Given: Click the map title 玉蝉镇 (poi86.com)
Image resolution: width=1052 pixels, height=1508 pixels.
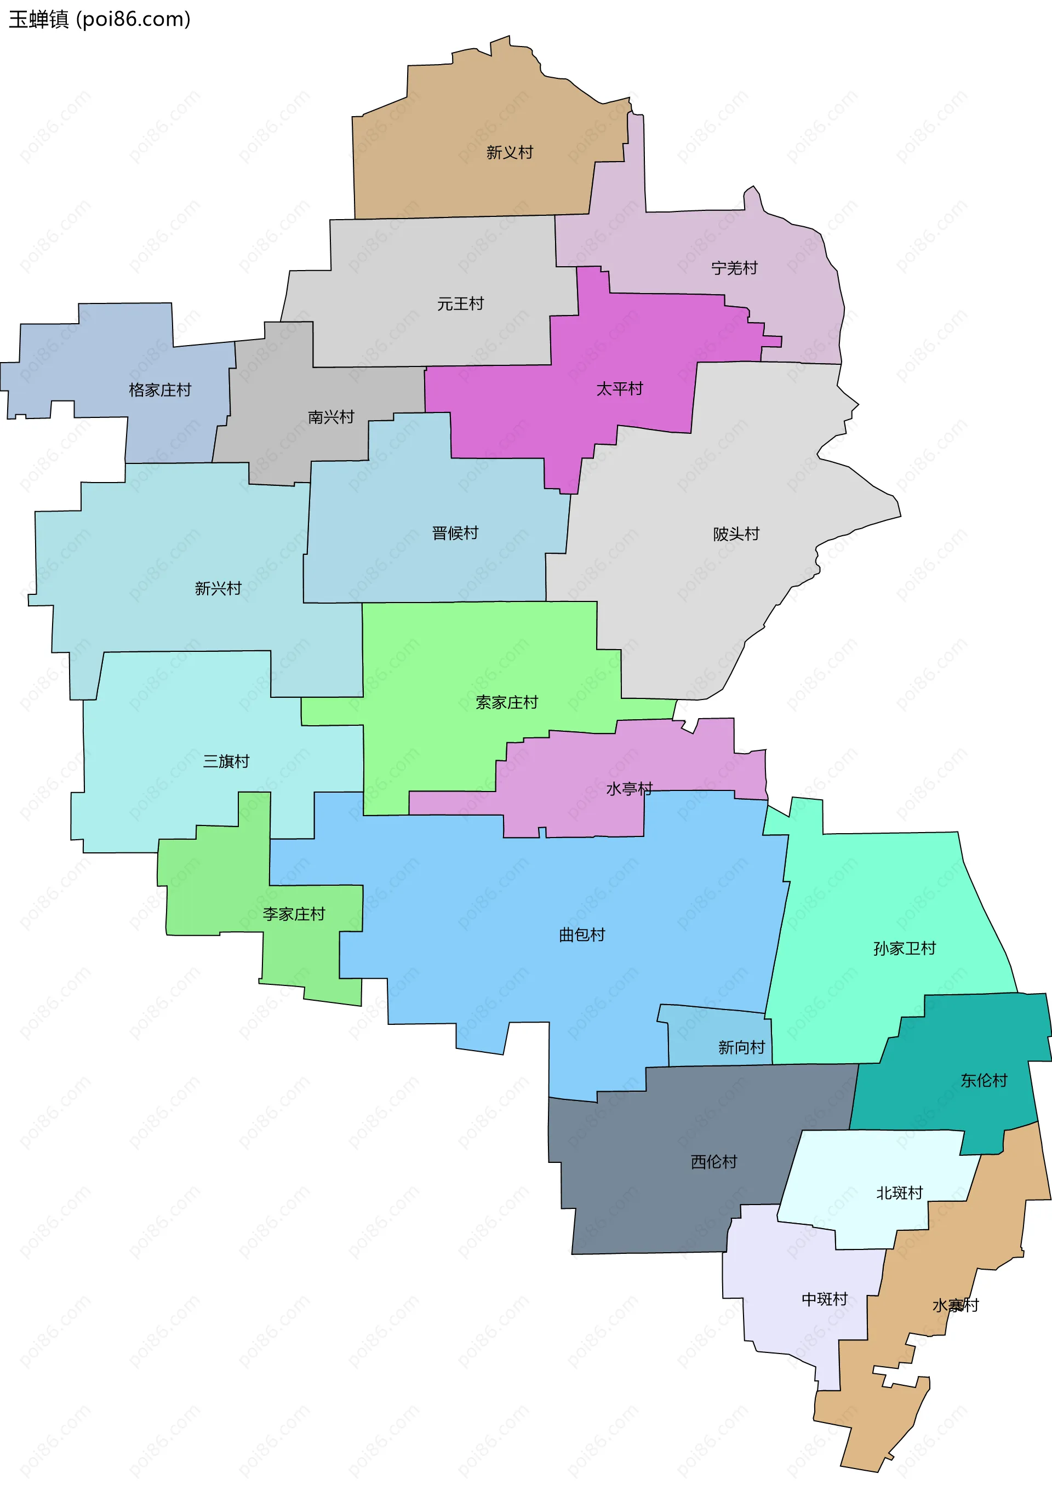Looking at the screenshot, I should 99,19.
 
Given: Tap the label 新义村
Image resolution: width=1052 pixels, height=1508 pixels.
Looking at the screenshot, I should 509,152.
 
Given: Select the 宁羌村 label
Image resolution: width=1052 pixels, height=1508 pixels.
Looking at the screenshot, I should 734,268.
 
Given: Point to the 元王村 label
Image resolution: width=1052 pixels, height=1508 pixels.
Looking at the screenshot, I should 460,303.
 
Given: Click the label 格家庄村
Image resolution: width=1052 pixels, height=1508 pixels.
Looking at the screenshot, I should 159,390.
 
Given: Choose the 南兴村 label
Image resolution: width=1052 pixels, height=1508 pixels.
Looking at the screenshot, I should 330,417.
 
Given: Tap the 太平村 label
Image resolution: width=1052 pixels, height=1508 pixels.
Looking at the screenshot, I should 619,389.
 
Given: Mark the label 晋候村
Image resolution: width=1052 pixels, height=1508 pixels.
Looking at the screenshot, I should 455,532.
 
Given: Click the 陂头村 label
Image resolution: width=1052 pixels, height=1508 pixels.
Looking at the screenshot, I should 736,534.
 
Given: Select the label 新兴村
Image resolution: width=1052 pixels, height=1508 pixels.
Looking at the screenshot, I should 218,588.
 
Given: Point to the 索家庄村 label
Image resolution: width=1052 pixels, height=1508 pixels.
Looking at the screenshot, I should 507,703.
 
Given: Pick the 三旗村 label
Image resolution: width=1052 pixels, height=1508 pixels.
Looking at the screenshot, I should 226,761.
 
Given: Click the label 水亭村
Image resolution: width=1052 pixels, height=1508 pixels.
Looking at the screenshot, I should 629,789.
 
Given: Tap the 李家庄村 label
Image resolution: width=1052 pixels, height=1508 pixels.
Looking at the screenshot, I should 294,914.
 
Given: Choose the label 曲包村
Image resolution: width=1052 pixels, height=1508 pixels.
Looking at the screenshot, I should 581,934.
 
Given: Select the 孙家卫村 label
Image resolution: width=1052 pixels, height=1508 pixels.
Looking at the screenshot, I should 904,948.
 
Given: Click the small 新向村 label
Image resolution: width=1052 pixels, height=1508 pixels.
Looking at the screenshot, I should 741,1047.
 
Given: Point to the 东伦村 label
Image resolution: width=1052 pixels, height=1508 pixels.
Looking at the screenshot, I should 984,1080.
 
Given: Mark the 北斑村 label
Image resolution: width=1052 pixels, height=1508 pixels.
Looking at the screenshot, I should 899,1192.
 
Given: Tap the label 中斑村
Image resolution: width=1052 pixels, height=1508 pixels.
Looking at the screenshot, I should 825,1299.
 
